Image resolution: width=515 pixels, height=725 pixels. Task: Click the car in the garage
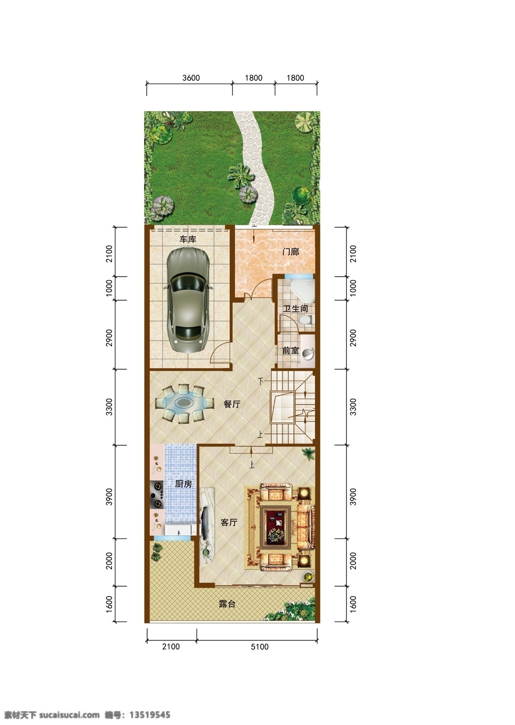pos(188,300)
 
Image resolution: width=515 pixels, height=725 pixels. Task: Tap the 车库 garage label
pos(188,239)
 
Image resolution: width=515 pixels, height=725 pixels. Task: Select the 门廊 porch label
pos(291,251)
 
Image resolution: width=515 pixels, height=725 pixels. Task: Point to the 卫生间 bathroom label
pos(295,308)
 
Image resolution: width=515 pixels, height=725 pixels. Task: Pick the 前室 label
pos(291,350)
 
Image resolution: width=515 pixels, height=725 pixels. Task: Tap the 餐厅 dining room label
pos(232,404)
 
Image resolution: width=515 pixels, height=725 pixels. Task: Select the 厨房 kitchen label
pos(183,484)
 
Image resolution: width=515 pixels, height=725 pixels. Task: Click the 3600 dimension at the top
pos(191,78)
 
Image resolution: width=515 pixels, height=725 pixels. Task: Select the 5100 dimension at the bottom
pos(260,646)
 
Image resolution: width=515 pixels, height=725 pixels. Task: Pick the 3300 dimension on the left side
pos(109,407)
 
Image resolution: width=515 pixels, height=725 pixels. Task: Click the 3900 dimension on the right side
pos(353,496)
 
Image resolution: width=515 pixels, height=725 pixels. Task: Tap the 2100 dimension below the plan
pos(171,646)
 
